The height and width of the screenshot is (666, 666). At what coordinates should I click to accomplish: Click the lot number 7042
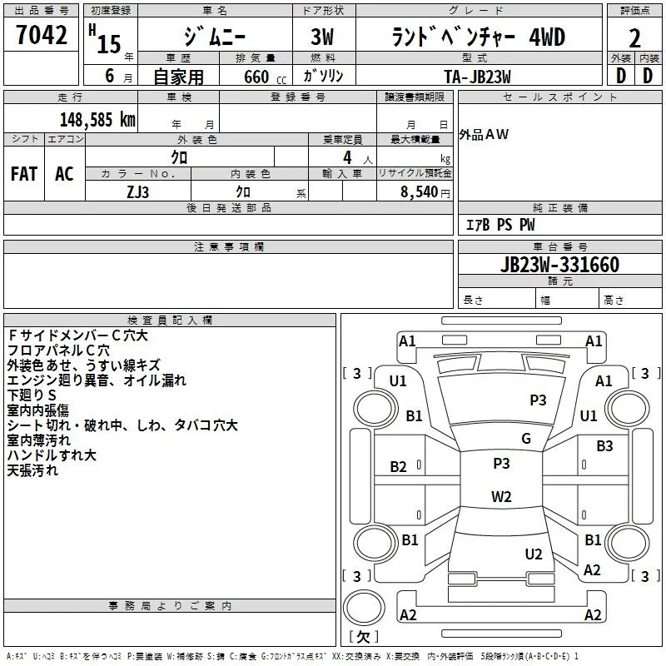42,35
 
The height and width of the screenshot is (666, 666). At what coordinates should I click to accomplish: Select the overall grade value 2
634,38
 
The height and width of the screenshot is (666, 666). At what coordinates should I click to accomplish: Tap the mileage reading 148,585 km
97,120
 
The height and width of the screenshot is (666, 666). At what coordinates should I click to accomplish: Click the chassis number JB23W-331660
559,264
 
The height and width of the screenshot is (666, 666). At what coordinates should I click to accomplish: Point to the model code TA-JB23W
477,77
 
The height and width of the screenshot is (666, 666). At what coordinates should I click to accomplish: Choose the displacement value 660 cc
265,77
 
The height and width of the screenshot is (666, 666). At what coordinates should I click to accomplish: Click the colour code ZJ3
137,192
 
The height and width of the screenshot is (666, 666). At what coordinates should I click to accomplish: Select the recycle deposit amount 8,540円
425,192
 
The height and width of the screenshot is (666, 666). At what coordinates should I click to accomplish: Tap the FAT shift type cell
24,174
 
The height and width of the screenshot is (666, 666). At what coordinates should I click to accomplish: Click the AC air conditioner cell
64,174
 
